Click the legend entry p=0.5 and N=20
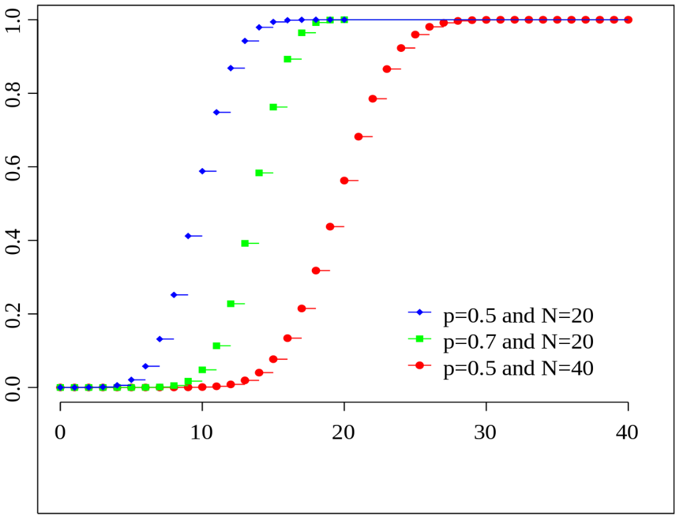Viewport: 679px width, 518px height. [x=518, y=315]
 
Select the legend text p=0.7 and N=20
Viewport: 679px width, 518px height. [x=518, y=341]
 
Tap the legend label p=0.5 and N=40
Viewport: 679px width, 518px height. [x=518, y=367]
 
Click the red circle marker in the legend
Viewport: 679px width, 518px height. [x=420, y=366]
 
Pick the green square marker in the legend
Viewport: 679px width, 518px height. [x=420, y=339]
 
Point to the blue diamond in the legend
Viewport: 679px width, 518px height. [x=420, y=313]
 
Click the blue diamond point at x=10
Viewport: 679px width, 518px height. [x=202, y=171]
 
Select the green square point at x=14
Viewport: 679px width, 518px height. [x=259, y=173]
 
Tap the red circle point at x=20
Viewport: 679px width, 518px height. [x=344, y=181]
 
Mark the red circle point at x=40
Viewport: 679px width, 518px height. [x=628, y=20]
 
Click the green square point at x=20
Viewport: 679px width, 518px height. [x=344, y=20]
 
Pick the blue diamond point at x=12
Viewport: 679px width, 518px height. [x=231, y=68]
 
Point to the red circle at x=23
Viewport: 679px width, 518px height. [x=386, y=69]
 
